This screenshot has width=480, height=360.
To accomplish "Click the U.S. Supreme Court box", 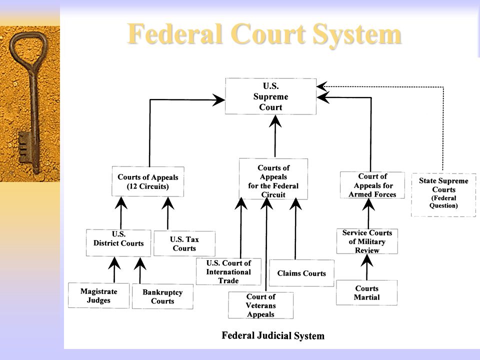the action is point(270,96).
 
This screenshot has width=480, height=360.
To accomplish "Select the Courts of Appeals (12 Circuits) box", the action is point(148,181).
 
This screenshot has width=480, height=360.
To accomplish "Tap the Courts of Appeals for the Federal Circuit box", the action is point(273,179).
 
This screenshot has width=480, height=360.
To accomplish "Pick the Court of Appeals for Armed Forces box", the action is point(372,185).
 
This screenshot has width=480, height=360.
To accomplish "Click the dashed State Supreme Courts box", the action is point(443,195).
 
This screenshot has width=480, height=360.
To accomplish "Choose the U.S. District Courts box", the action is point(118,243).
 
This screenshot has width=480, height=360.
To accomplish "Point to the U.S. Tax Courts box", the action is point(184,243).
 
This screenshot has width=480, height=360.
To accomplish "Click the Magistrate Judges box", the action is point(98,295).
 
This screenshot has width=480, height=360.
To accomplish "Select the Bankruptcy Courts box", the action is point(162,296).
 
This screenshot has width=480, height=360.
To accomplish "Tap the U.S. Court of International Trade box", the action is point(228,271).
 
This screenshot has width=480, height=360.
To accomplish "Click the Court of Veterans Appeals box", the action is point(261,305).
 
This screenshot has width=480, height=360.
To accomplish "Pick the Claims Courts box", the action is point(301,273).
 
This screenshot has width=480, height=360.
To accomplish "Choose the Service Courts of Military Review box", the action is point(367,241).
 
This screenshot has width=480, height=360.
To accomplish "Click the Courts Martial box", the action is point(366,292).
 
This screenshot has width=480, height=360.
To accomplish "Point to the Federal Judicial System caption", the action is point(273,335).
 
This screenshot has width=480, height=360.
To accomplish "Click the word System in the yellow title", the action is point(356,34).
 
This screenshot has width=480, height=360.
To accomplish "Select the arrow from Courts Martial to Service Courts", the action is point(366,267).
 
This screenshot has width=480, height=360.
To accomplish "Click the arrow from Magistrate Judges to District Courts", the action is point(114,269).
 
